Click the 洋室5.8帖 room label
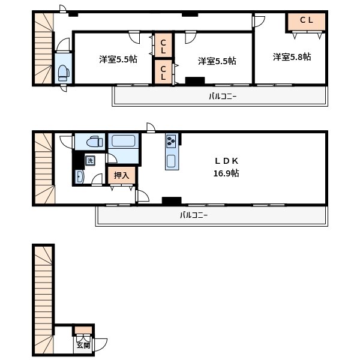(292, 57)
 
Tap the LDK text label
(226, 161)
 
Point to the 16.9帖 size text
(226, 173)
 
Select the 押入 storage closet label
(121, 175)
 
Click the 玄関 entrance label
(83, 345)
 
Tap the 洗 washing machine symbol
(90, 160)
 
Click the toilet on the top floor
(64, 73)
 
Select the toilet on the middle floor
(95, 142)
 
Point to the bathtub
(123, 141)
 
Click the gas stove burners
(171, 141)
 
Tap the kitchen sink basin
(171, 161)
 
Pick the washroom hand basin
(79, 177)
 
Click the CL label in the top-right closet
(307, 20)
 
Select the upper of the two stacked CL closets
(163, 45)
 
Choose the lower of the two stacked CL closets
(163, 72)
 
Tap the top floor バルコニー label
(223, 97)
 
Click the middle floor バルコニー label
(194, 215)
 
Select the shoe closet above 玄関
(83, 330)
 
